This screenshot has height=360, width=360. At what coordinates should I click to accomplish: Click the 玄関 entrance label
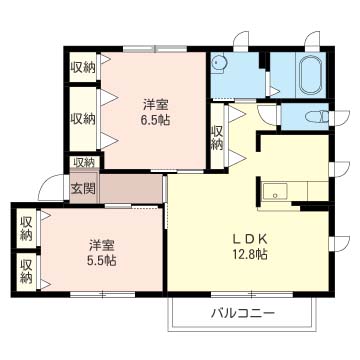83,186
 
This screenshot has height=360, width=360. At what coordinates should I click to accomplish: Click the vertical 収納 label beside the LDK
217,137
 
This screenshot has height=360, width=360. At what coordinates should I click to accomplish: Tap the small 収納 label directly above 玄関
83,162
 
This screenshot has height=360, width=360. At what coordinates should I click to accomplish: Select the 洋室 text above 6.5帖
154,103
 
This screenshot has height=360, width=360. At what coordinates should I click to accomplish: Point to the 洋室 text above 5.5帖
100,243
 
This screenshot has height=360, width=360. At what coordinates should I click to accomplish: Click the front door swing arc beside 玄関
50,188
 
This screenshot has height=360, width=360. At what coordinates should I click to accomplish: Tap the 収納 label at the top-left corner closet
83,67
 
